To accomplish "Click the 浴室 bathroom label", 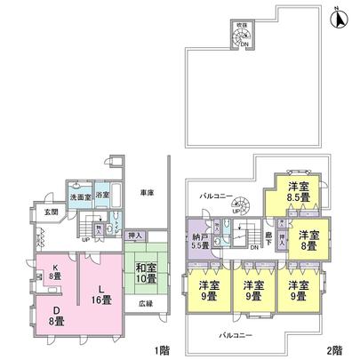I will click(102, 195).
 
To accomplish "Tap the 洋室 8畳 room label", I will click(308, 240).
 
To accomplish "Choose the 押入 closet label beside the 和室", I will click(135, 235).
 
